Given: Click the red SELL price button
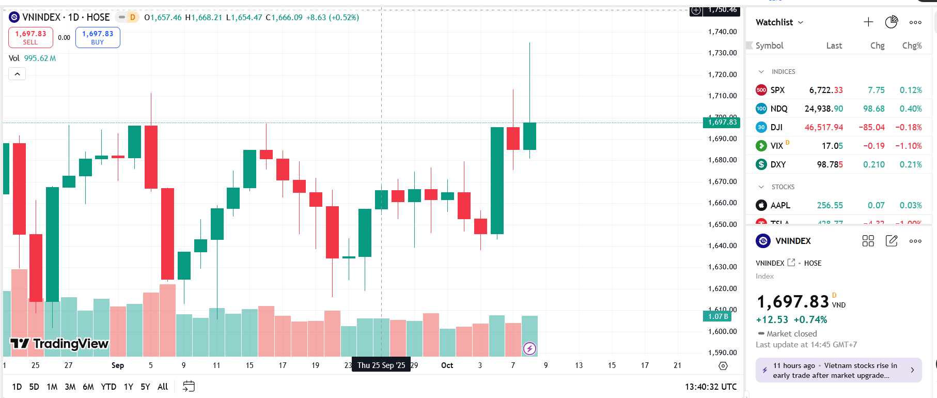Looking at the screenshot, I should (x=30, y=37).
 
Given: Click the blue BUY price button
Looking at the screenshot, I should (x=98, y=37).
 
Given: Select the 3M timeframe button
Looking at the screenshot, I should (x=70, y=387).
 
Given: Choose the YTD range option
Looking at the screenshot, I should (x=108, y=387).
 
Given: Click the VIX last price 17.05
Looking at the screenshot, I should (x=832, y=146).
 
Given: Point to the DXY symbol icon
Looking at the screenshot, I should (x=761, y=164).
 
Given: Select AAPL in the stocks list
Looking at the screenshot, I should (x=780, y=205).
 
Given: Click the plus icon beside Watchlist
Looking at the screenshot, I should (x=868, y=22).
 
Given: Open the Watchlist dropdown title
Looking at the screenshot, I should (x=779, y=22).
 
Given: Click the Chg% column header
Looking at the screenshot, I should (x=912, y=45).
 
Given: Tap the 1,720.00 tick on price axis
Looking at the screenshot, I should (x=722, y=74).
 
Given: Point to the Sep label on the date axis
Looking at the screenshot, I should (x=118, y=365).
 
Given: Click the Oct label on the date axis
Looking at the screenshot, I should (x=447, y=365).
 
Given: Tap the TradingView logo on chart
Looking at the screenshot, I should (x=59, y=344).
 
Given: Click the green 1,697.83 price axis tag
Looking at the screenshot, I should (x=722, y=123).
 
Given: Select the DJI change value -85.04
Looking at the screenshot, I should (x=871, y=127).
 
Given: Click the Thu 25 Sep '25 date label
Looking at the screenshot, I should (x=381, y=365).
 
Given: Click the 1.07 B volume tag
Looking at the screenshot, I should (x=717, y=316).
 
